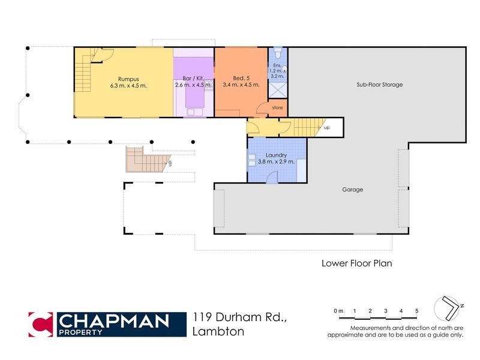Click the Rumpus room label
pos(128,78)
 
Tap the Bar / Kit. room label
pos(192,78)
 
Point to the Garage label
pos(353,190)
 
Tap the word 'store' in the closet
pos(277,108)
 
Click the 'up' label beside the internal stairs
pos(326,128)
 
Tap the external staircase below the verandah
pos(146,160)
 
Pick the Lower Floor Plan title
pos(356,263)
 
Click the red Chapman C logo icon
pos(40,325)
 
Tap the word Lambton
pos(218,332)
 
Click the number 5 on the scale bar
pos(416,311)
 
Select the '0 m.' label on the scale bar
pos(340,311)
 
